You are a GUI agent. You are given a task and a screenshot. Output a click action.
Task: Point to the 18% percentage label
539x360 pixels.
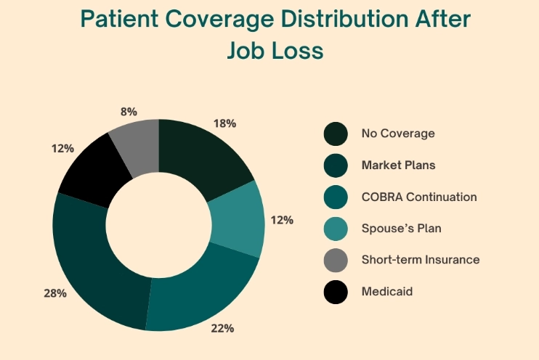point(225,123)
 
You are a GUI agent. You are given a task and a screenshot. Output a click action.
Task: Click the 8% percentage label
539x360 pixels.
point(129,112)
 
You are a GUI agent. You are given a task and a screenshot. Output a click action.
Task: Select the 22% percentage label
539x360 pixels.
point(222,329)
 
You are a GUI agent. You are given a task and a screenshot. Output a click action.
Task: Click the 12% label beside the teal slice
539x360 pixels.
point(282,219)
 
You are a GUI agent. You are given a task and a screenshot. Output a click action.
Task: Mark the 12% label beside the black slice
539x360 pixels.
point(62,148)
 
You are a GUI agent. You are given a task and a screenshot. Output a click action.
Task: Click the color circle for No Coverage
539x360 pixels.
point(335,134)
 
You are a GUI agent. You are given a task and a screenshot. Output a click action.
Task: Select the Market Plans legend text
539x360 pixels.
point(398,165)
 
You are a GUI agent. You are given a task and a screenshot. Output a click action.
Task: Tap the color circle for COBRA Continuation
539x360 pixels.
point(335,197)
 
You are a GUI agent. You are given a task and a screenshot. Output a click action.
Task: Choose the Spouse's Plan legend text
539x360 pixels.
point(401,228)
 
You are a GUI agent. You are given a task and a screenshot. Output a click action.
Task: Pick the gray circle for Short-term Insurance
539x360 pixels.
point(335,260)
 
